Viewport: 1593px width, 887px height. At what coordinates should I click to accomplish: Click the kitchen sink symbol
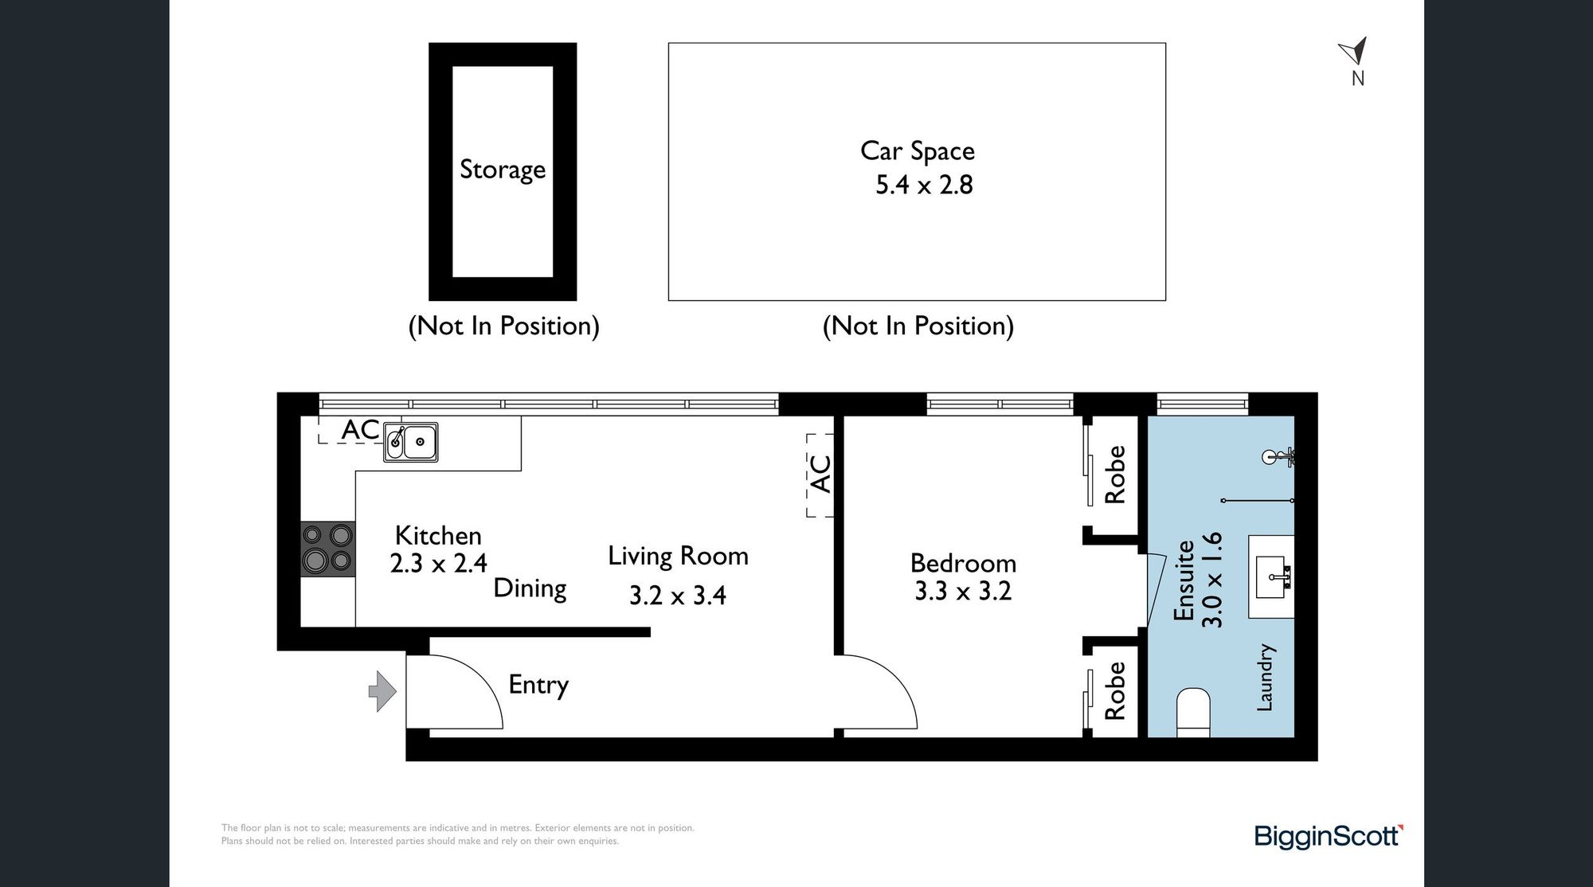(411, 441)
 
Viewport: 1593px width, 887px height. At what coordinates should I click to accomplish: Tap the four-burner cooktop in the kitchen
(327, 548)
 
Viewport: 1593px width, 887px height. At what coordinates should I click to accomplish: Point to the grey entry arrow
(382, 690)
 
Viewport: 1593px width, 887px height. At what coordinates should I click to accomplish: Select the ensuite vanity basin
(1271, 576)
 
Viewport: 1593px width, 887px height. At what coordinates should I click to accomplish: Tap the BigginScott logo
(1329, 837)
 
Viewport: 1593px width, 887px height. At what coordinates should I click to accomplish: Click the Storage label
(503, 170)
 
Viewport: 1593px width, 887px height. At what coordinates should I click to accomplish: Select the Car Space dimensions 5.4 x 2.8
(924, 185)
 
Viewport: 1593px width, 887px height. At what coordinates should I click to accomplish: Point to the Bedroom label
(963, 563)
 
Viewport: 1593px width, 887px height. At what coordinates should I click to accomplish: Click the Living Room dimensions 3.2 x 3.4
(678, 595)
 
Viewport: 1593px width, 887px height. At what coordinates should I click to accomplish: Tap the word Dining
(530, 588)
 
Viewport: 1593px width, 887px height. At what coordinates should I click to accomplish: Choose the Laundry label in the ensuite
(1265, 677)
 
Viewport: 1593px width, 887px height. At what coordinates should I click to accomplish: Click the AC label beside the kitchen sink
(361, 429)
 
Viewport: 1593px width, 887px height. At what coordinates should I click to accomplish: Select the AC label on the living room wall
(820, 474)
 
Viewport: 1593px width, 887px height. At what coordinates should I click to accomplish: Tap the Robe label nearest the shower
(1115, 475)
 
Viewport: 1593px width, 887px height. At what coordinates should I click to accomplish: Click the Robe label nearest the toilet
(1115, 691)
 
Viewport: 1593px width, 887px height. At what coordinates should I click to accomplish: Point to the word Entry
(538, 685)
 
